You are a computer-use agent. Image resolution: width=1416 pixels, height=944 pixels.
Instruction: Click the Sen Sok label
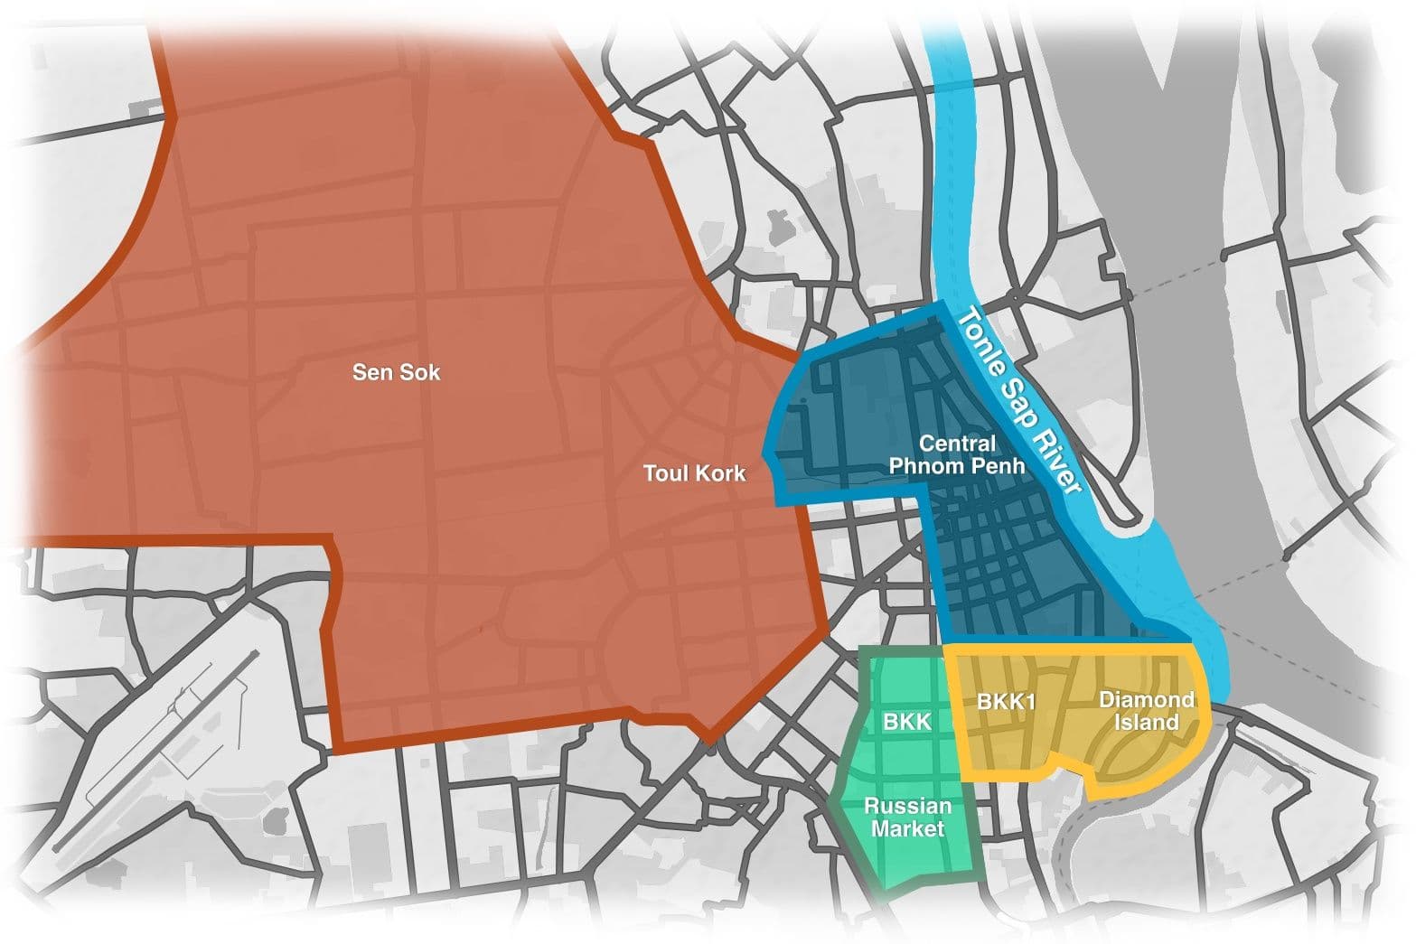click(x=396, y=372)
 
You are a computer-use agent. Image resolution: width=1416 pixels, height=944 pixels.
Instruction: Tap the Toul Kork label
click(x=694, y=473)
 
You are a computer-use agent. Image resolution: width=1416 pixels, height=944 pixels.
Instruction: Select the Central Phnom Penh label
click(x=957, y=455)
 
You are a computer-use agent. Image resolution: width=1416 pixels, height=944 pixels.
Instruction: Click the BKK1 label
click(x=1006, y=701)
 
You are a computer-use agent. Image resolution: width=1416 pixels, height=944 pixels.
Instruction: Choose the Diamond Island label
click(x=1146, y=711)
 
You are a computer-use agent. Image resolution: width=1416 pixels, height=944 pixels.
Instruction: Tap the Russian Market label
click(x=907, y=818)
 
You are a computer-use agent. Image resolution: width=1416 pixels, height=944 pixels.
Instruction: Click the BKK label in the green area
click(x=906, y=722)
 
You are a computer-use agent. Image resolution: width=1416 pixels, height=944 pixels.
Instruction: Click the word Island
click(x=1146, y=723)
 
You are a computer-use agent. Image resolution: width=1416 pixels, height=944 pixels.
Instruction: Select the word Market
click(x=907, y=829)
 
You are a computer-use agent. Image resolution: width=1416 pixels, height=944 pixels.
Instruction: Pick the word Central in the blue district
click(x=957, y=444)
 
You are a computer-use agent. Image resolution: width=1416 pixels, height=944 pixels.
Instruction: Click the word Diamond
click(x=1146, y=699)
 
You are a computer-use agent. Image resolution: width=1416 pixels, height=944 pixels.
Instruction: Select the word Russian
click(x=907, y=806)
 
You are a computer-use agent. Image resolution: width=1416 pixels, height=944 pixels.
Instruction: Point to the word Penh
click(x=1002, y=467)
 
